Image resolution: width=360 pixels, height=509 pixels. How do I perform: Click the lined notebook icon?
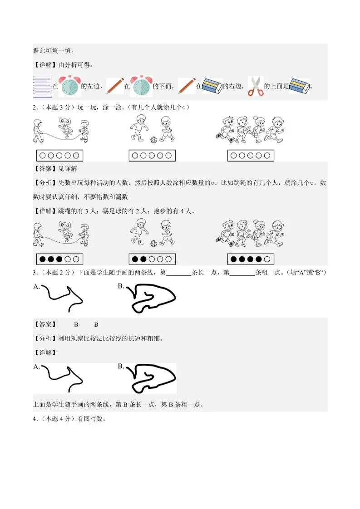point(42,86)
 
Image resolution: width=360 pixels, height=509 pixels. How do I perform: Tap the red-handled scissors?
point(255,86)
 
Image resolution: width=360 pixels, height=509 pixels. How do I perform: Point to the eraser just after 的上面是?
point(299,85)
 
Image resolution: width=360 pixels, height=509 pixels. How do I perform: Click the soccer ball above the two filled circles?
point(153,244)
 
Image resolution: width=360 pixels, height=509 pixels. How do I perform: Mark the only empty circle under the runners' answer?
point(268,259)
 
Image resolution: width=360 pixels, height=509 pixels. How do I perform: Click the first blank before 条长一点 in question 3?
point(179,272)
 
